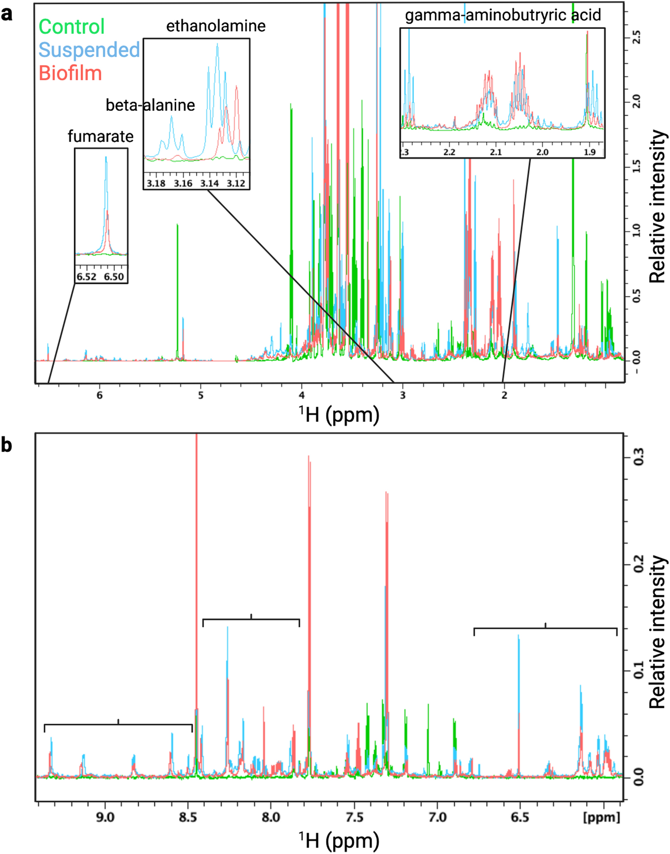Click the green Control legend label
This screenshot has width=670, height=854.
[72, 27]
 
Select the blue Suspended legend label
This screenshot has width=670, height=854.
[89, 50]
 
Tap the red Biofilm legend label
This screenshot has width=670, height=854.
[70, 73]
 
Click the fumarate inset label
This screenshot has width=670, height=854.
[100, 136]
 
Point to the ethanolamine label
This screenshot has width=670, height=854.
[216, 26]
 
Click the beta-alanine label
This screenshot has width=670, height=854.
[150, 105]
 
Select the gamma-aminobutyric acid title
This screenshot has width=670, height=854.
[503, 15]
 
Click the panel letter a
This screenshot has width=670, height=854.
[7, 15]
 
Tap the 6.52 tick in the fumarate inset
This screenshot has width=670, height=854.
[86, 277]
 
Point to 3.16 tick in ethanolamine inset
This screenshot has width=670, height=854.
[183, 183]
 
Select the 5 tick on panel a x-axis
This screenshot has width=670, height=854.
[200, 395]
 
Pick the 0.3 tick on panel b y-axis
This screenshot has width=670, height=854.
[638, 458]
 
